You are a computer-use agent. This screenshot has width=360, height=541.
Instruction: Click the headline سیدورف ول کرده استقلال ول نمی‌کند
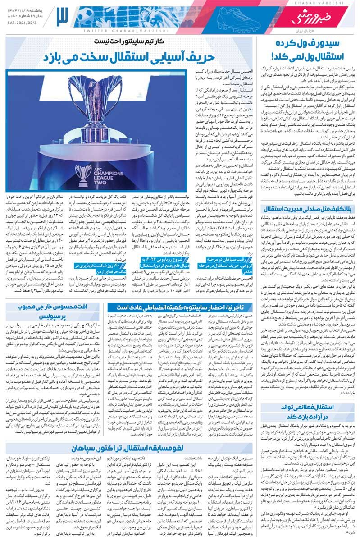[x=307, y=50]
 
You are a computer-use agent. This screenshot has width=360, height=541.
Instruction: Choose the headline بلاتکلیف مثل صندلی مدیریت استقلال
[x=307, y=209]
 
